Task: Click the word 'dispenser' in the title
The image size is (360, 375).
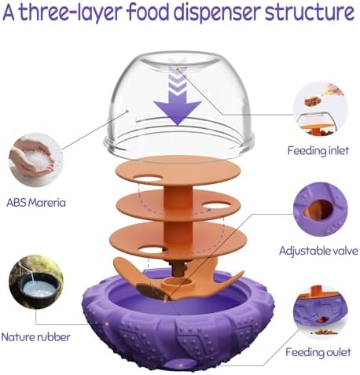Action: [217, 13]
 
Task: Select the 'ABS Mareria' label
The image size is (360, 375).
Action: [36, 203]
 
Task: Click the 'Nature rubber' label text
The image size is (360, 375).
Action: [36, 337]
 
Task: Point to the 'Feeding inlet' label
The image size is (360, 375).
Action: [318, 151]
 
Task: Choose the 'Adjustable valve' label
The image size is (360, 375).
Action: [318, 251]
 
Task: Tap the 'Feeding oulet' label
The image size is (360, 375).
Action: [318, 352]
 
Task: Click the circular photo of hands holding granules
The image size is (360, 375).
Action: [36, 160]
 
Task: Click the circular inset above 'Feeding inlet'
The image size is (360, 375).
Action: [320, 108]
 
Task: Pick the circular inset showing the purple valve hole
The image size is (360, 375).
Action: [320, 210]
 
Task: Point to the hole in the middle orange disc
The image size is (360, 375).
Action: [216, 206]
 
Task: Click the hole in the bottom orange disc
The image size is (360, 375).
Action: [153, 250]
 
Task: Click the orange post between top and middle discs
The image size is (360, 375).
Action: [178, 197]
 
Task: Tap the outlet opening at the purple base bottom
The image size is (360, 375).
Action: [180, 364]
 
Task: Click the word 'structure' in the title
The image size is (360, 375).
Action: [310, 13]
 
